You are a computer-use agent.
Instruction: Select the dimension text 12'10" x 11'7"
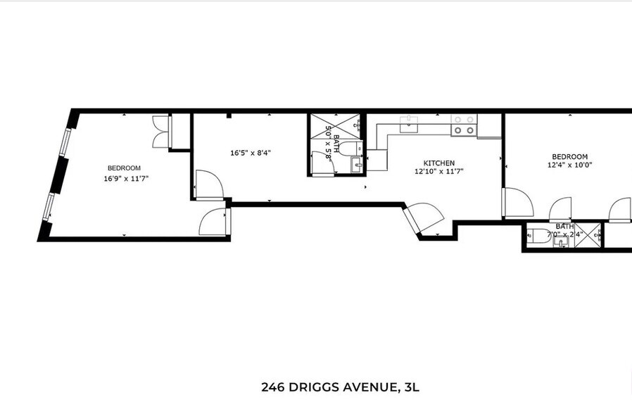click(439, 171)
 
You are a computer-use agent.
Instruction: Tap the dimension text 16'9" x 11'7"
click(125, 179)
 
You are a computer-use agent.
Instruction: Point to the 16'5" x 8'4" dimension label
click(251, 153)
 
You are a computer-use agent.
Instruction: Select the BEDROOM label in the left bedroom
click(124, 168)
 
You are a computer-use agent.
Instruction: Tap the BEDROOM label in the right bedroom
click(569, 156)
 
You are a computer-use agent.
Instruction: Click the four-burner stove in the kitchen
click(463, 125)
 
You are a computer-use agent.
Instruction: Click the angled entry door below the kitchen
click(424, 217)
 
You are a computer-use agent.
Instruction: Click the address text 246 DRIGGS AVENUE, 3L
click(341, 387)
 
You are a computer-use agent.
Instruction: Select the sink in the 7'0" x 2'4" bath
click(561, 242)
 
